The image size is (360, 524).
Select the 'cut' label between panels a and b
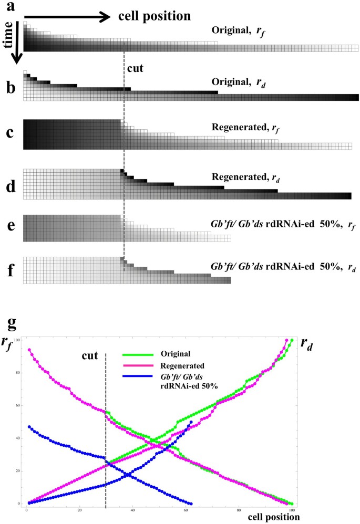click(x=136, y=68)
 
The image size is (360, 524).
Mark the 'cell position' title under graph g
click(x=275, y=516)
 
